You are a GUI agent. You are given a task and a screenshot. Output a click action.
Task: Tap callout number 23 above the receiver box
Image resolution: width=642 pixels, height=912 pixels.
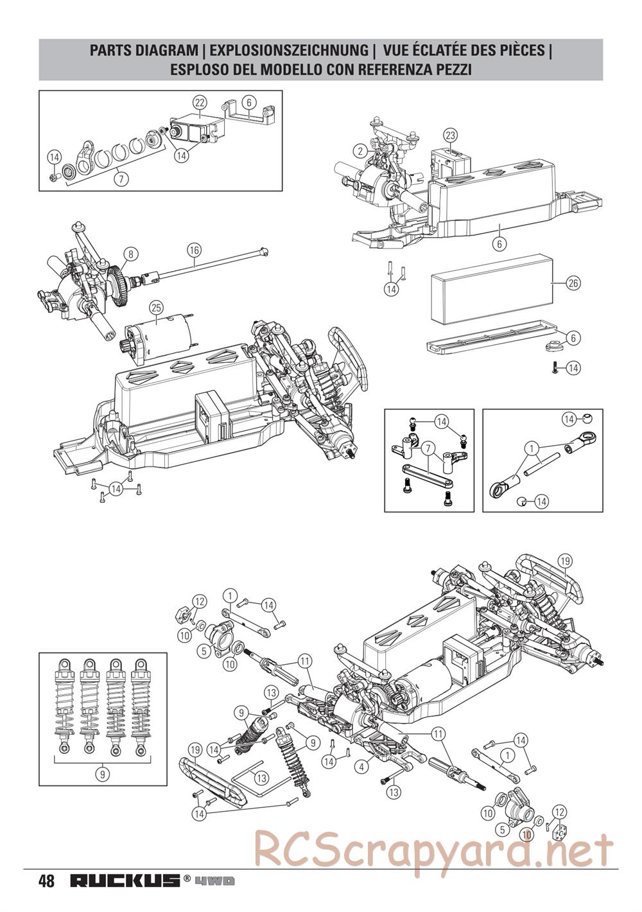click(x=451, y=135)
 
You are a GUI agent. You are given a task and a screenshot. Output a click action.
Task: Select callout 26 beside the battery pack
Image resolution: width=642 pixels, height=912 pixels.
click(x=573, y=283)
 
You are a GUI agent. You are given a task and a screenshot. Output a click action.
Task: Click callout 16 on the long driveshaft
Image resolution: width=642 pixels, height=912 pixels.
click(x=194, y=250)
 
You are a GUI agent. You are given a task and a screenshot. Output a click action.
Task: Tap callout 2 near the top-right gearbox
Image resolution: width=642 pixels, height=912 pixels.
click(x=360, y=152)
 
